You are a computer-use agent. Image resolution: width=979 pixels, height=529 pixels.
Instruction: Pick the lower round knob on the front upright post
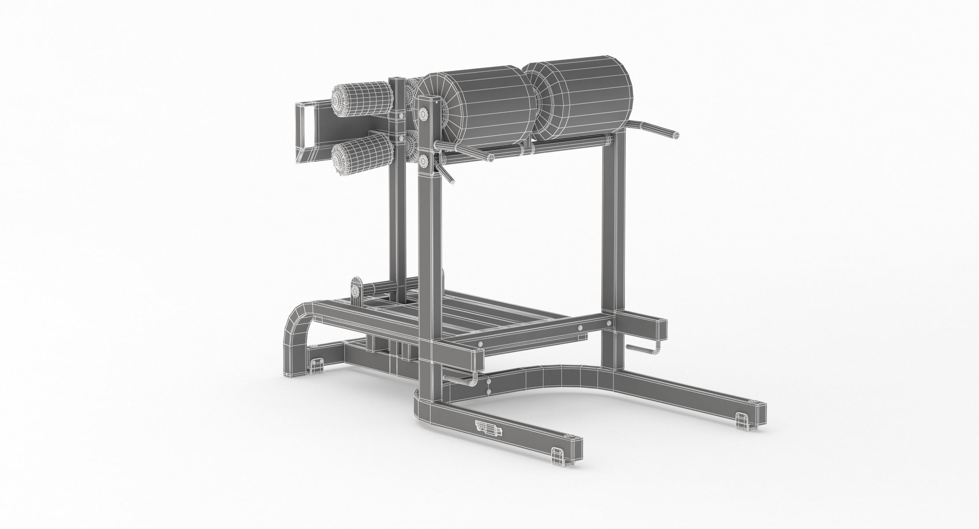(x=424, y=160)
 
